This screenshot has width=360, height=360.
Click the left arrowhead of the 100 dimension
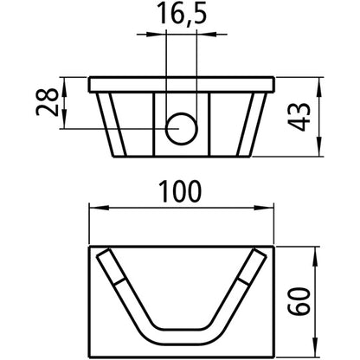click(95, 208)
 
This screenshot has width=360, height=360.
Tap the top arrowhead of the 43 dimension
click(321, 83)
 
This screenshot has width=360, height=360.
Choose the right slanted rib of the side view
click(254, 125)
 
